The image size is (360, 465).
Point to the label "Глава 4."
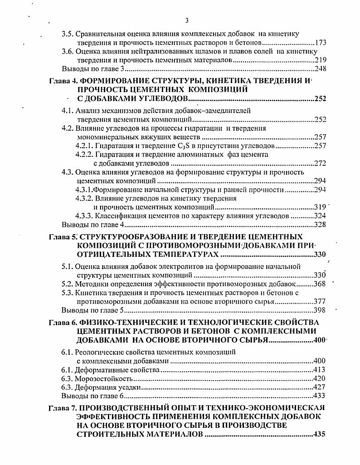click(x=63, y=81)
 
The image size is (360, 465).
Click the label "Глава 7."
click(x=63, y=408)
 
